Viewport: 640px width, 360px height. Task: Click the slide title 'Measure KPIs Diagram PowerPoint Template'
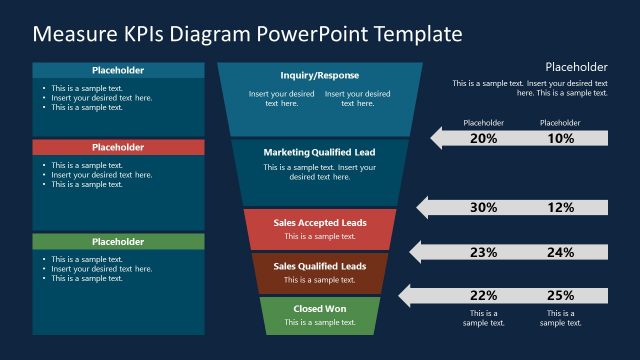coord(248,33)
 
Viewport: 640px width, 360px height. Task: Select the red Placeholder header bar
coord(118,147)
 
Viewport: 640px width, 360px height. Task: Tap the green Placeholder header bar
coord(118,242)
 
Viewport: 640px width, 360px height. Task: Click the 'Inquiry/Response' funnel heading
coord(320,75)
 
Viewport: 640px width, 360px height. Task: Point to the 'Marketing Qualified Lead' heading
coord(320,152)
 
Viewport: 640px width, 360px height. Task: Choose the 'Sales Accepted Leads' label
coord(320,222)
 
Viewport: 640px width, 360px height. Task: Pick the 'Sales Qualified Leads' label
coord(320,266)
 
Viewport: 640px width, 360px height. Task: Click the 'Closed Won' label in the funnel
coord(320,309)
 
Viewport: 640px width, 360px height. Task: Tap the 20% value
coord(483,139)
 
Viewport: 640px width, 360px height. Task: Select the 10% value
coord(561,139)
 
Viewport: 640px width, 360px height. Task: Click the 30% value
coord(483,208)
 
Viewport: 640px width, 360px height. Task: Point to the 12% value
coord(561,208)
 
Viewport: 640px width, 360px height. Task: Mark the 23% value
coord(483,253)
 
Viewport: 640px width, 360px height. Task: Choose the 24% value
coord(561,253)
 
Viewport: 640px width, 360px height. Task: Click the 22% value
coord(483,295)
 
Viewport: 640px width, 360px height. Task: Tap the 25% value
coord(561,295)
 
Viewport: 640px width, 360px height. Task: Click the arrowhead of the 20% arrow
coord(438,139)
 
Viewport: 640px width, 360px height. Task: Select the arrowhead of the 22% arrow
coord(405,295)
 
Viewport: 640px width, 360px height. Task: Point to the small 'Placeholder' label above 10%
coord(560,123)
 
